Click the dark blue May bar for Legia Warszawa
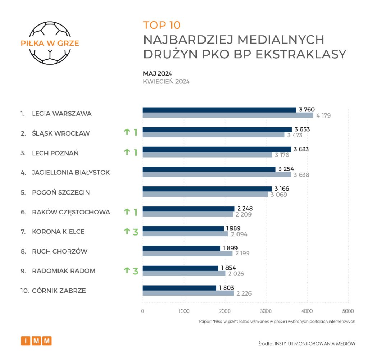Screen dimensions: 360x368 point(219,110)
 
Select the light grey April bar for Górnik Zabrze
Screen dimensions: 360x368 point(188,293)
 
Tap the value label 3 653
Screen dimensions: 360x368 point(302,129)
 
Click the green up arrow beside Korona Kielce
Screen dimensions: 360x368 point(126,232)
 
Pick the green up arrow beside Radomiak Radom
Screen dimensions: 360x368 point(126,271)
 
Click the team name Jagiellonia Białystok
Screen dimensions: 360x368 point(71,173)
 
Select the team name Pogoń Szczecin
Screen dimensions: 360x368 point(61,192)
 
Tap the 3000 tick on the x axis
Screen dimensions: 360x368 point(266,311)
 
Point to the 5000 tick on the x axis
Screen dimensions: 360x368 point(348,311)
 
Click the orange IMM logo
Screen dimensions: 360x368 point(36,341)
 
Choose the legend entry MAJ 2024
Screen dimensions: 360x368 point(157,73)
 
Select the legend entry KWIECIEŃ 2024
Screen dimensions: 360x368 point(166,82)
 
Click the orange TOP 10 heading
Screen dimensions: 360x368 point(161,25)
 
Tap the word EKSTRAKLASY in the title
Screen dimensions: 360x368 point(301,54)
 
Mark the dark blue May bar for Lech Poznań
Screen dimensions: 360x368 point(217,149)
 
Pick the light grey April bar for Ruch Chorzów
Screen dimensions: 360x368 point(187,254)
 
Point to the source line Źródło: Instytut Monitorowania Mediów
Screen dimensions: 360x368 point(307,343)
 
